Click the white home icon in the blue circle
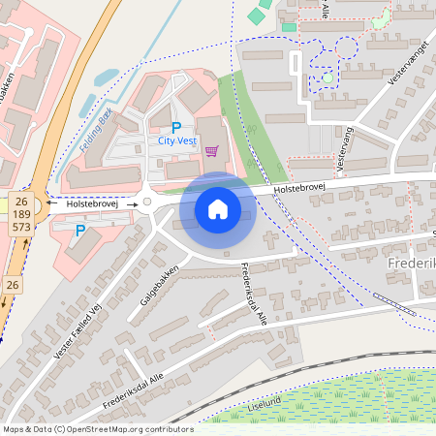click(218, 208)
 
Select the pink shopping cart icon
click(210, 150)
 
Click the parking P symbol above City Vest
click(175, 127)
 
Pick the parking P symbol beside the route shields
click(79, 230)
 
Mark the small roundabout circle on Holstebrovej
click(147, 202)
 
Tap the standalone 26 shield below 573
click(12, 285)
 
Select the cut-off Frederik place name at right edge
click(412, 265)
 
